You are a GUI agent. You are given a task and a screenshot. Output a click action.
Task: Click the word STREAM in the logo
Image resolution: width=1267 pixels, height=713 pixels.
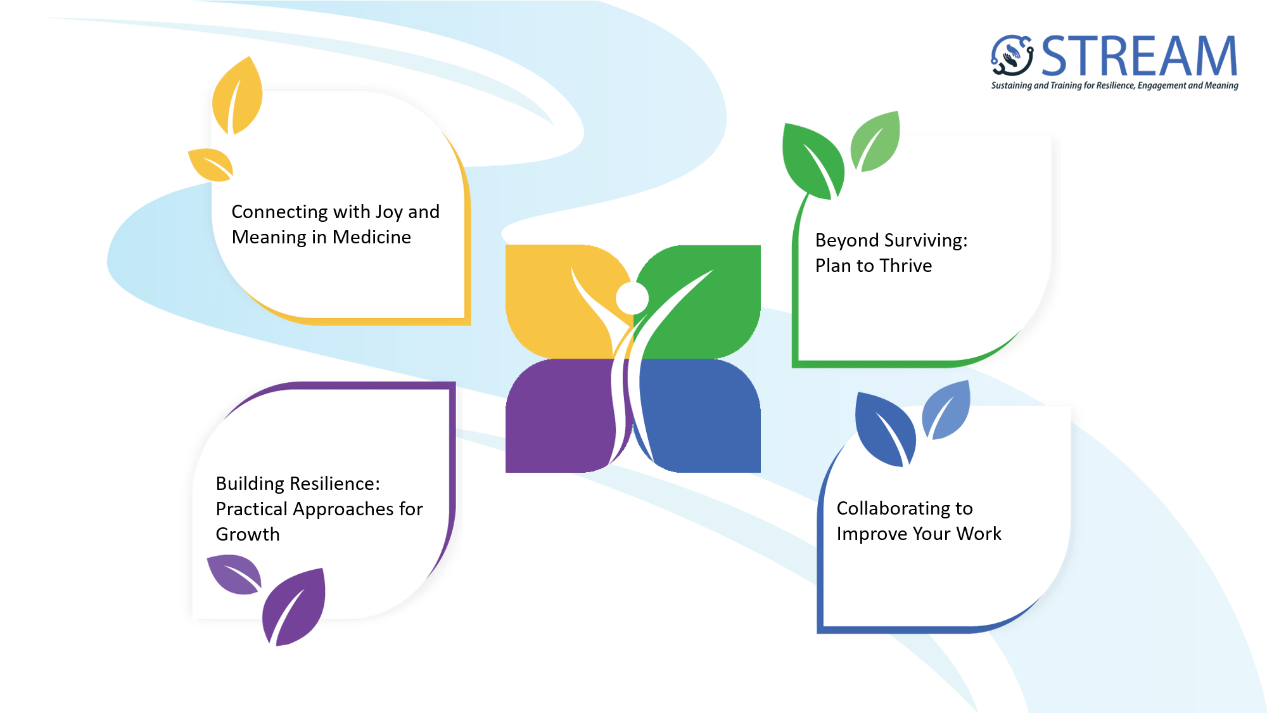click(1139, 56)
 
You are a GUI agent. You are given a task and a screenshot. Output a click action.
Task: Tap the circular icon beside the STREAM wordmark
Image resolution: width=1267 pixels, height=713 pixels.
click(1012, 56)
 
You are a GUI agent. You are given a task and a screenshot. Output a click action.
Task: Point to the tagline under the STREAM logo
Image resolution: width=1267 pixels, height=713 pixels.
click(1114, 86)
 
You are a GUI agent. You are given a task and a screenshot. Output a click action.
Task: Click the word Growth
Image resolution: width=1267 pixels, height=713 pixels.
click(248, 534)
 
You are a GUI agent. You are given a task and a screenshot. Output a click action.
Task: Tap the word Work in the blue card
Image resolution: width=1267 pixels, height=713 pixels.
click(979, 534)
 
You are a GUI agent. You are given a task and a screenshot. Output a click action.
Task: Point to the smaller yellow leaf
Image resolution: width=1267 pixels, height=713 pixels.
click(211, 165)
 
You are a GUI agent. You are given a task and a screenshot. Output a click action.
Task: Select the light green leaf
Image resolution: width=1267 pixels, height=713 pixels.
click(875, 141)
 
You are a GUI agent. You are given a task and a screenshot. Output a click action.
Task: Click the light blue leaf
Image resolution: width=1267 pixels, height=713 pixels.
click(946, 409)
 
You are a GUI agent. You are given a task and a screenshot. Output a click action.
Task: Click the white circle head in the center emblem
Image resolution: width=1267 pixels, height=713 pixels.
click(632, 298)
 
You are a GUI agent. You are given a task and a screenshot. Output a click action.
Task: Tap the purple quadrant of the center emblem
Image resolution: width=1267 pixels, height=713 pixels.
click(557, 416)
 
